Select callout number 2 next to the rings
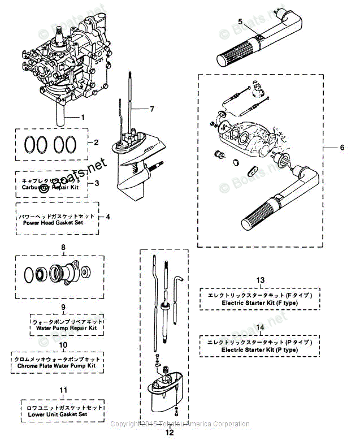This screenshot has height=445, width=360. point(96,142)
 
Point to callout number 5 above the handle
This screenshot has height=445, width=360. point(240,21)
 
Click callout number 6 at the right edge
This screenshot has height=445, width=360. point(341,148)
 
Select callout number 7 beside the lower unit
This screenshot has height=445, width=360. point(151,108)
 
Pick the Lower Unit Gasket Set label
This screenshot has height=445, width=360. point(62,410)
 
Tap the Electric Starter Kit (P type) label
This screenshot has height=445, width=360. point(259,346)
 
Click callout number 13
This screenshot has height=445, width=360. point(260,280)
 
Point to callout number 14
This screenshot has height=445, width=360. point(260,327)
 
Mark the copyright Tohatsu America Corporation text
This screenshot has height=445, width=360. point(179,424)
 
